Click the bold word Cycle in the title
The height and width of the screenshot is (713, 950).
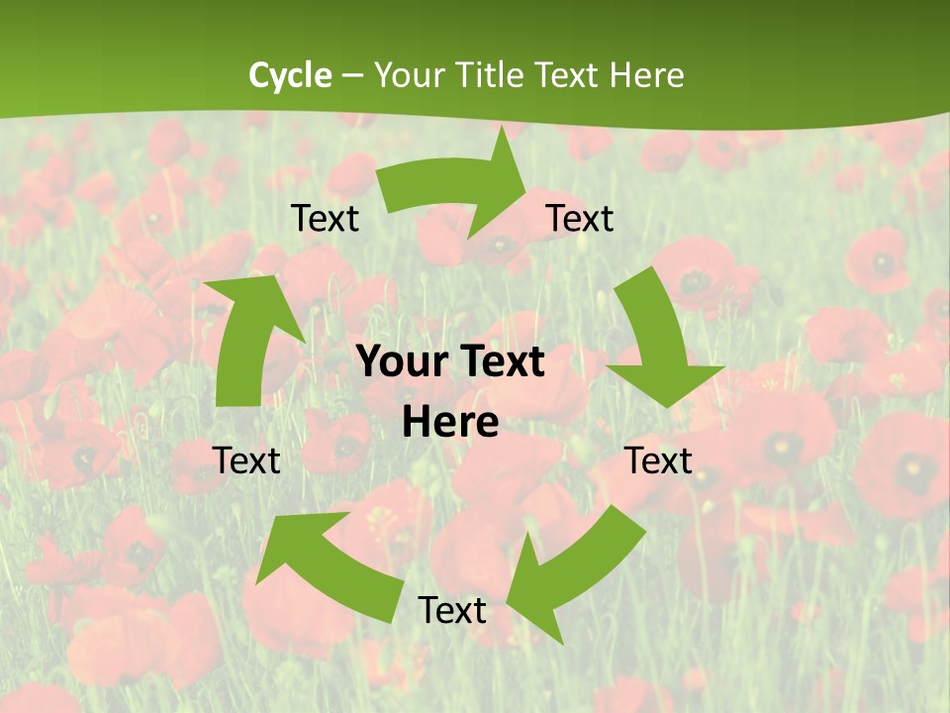(290, 75)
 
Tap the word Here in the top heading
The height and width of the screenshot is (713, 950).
(646, 75)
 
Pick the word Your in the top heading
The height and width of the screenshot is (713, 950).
(411, 75)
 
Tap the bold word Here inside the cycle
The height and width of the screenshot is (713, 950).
(450, 423)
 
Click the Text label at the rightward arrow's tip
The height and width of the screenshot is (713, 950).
(580, 218)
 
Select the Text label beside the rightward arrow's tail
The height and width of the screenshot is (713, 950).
(325, 218)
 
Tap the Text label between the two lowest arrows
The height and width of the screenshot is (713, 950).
(452, 610)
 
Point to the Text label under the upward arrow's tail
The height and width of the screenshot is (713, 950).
(246, 460)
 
